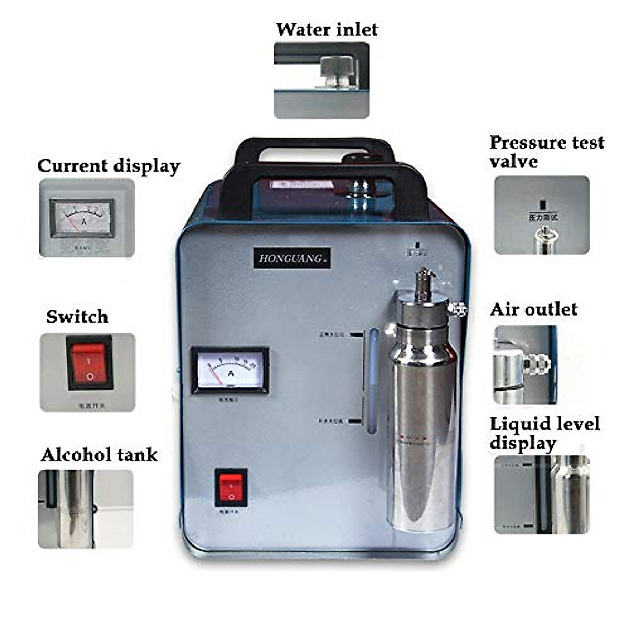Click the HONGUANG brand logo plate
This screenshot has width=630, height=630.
pos(292,258)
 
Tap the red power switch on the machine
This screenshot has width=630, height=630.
pos(231,488)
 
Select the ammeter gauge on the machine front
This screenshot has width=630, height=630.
pos(230,371)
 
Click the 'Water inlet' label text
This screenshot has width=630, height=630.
pos(327,29)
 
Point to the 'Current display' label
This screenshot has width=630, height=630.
pos(109,166)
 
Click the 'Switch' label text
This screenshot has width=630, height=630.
pos(77,317)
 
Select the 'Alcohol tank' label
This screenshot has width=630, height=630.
pos(99,455)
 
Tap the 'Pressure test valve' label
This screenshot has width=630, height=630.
pos(546,151)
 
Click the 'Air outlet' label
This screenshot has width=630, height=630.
pos(533,309)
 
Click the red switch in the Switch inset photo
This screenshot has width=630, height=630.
pos(89,363)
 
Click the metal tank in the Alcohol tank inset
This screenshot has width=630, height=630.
pos(78,501)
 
